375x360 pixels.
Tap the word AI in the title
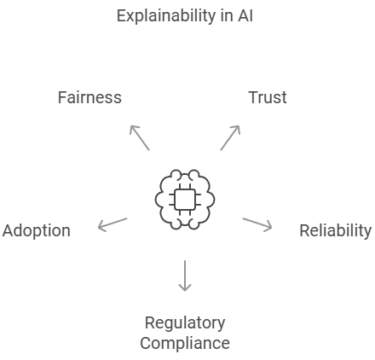point(245,16)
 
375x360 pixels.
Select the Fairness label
point(89,97)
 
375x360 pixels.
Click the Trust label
point(267,97)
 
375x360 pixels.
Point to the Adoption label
point(36,230)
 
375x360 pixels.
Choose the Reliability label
point(335,230)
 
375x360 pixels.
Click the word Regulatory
point(185,322)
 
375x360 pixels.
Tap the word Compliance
point(185,343)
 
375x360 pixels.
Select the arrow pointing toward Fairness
point(139,137)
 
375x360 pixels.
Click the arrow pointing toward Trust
point(230,137)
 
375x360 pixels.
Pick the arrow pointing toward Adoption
point(112,224)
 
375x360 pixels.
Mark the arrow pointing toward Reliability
point(257,224)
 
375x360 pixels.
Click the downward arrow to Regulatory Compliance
point(184,276)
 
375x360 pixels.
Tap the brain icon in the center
point(184,199)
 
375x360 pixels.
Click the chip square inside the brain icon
point(184,199)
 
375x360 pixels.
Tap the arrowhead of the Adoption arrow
point(101,227)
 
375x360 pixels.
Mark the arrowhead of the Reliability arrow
point(269,227)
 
